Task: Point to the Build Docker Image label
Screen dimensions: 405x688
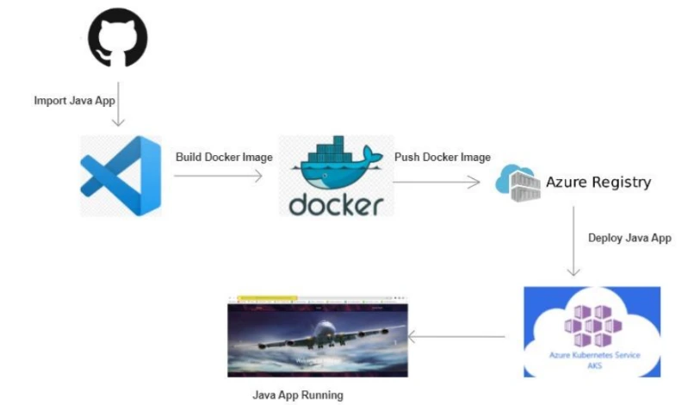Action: coord(224,158)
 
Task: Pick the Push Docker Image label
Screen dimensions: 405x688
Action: coord(443,158)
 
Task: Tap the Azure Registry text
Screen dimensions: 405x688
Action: coord(598,183)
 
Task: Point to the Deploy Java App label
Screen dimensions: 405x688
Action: coord(629,239)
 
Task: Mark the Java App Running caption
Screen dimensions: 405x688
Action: coord(298,396)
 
